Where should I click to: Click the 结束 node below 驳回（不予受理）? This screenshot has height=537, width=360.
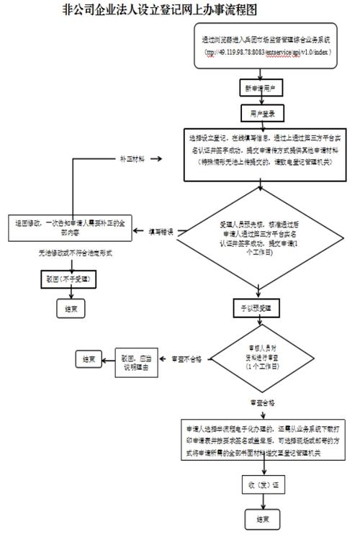click(71, 309)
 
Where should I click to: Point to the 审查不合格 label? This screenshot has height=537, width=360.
click(186, 357)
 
